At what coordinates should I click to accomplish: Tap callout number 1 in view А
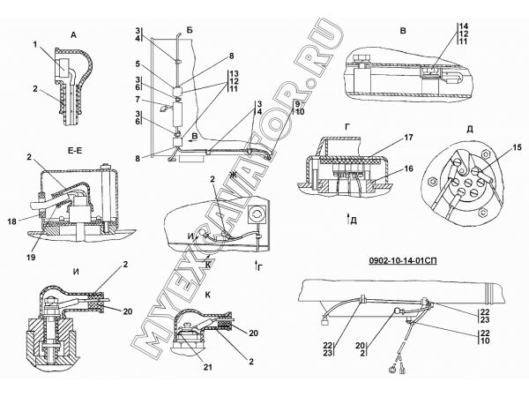pos(34,44)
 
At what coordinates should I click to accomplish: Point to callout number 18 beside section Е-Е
pos(11,221)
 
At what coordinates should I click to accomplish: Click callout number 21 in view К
pos(208,367)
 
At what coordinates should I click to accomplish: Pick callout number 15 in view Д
pos(517,147)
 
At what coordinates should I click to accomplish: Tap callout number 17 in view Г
pos(408,138)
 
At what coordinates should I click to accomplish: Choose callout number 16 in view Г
pos(408,169)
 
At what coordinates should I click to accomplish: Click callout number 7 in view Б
pos(138,99)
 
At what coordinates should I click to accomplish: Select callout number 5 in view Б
pos(138,64)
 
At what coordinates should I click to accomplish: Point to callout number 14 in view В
pos(464,26)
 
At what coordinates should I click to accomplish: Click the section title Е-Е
pos(74,151)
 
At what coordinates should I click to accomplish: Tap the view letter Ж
pos(232,175)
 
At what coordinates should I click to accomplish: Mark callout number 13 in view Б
pos(234,73)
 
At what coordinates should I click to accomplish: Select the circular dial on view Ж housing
pos(257,213)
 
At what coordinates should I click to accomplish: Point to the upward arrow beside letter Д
pos(348,219)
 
